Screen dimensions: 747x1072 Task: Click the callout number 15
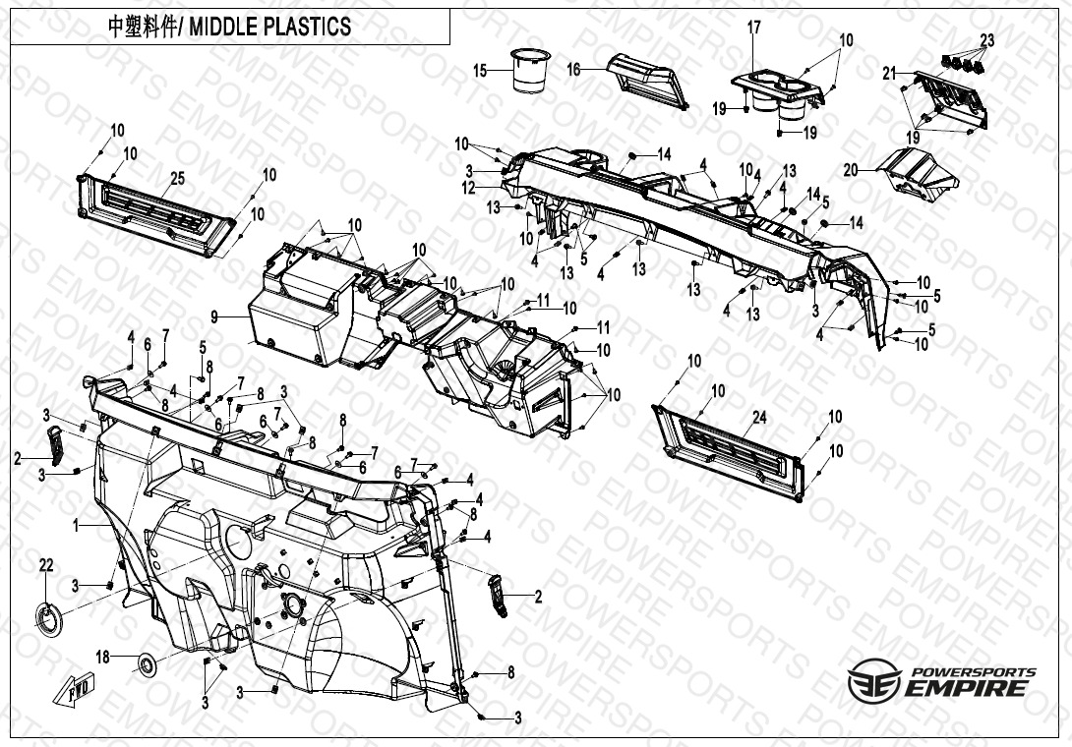(x=480, y=71)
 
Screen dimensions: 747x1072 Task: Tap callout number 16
(x=573, y=69)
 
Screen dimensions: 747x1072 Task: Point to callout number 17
(x=754, y=28)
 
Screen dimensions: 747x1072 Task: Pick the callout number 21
(x=889, y=73)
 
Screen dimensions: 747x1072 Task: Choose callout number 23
(x=986, y=40)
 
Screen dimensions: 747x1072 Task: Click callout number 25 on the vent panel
(x=177, y=178)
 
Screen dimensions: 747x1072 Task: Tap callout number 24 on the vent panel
(x=758, y=417)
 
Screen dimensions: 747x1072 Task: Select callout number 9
(x=214, y=316)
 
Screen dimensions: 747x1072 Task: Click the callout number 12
(x=469, y=188)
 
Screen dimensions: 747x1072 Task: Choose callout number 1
(x=75, y=527)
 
